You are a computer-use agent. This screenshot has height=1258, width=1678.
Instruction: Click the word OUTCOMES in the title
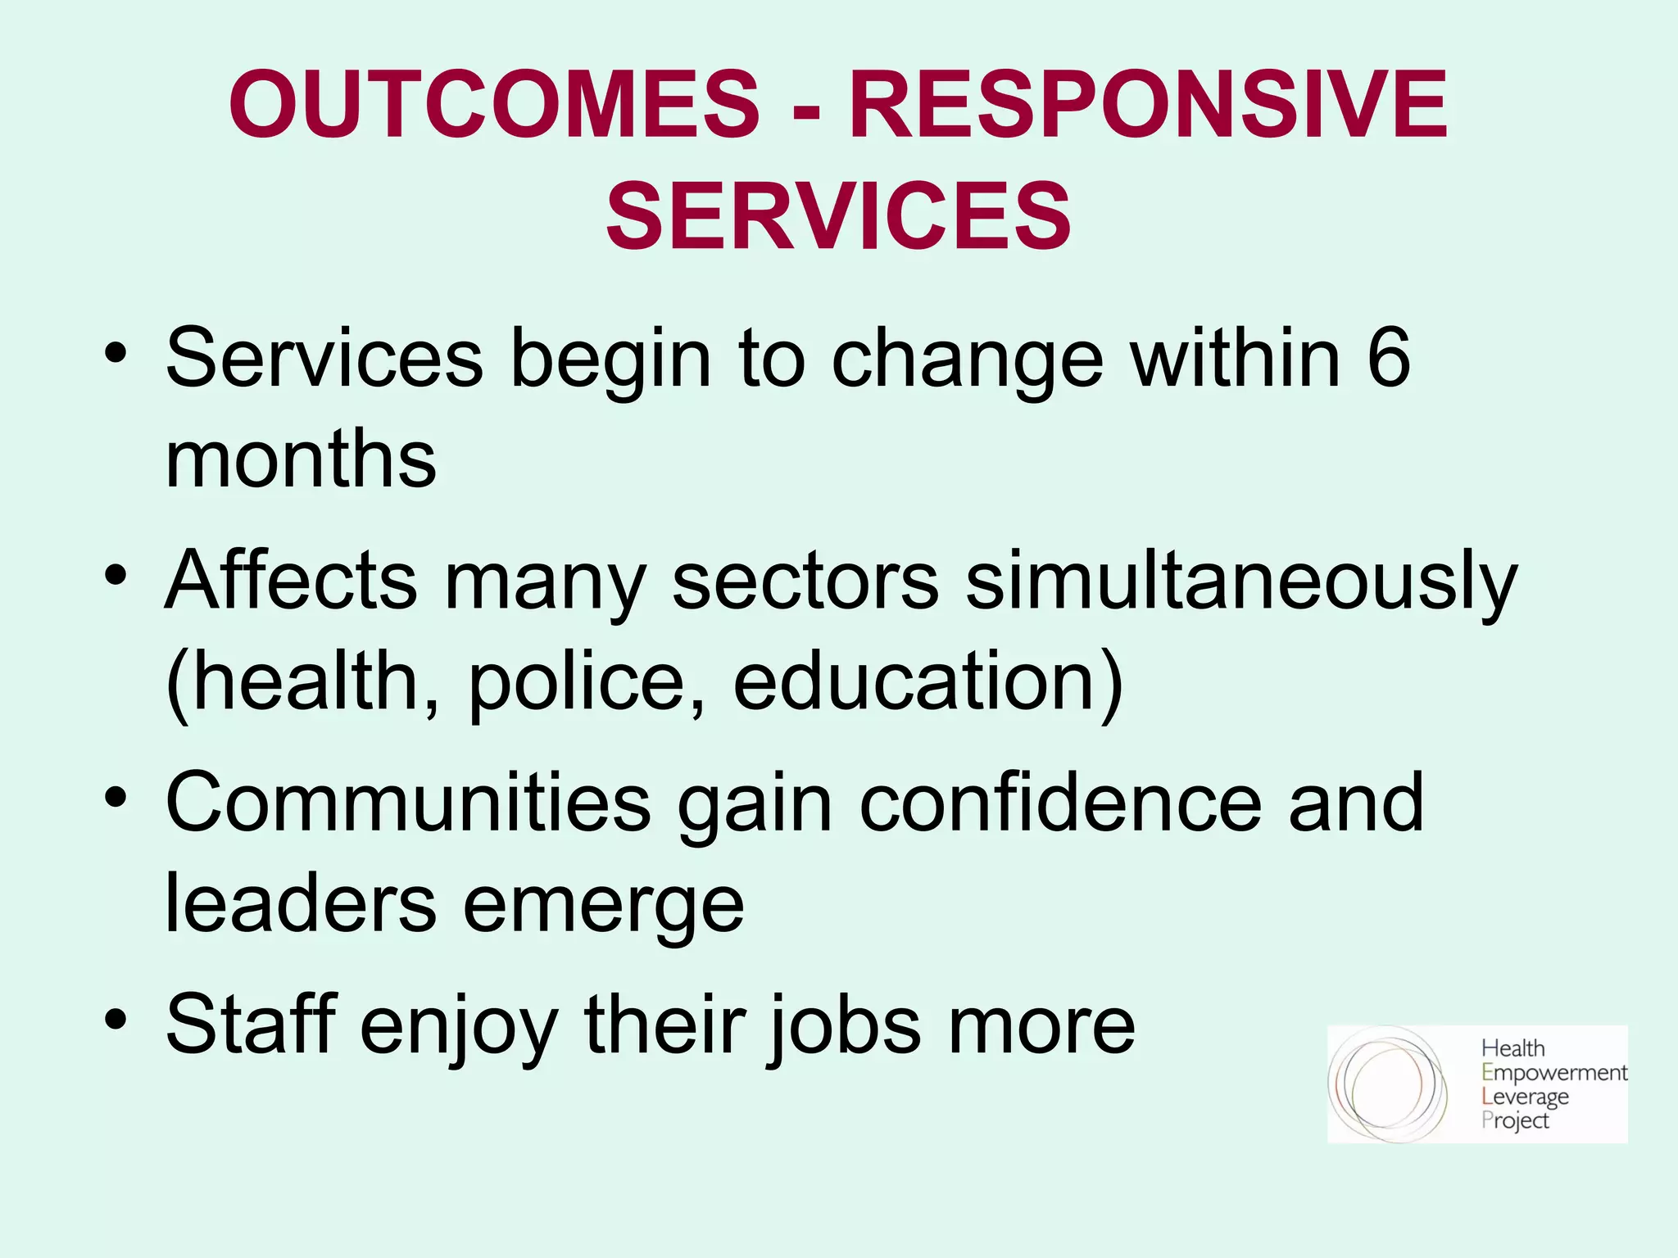[494, 104]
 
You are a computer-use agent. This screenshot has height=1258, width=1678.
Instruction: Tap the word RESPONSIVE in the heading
[1149, 104]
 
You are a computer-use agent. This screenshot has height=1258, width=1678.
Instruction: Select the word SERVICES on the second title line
[838, 215]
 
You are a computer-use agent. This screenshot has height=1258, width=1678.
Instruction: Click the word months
[301, 459]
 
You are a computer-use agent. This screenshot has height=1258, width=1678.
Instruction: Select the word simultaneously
[1241, 580]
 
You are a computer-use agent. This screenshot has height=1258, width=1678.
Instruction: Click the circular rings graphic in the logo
[1387, 1084]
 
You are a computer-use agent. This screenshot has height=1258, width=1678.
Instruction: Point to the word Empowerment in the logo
[1553, 1073]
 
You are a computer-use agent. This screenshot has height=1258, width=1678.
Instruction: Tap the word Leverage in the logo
[1525, 1097]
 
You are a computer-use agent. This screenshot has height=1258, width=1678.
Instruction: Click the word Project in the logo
[1515, 1120]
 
